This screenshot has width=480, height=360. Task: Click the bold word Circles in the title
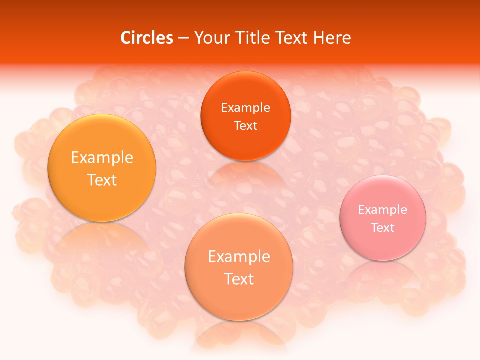pos(147,38)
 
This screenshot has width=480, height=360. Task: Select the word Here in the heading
pos(332,38)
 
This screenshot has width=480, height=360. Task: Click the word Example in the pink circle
pos(383,210)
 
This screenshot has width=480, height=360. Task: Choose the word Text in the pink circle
pos(383,228)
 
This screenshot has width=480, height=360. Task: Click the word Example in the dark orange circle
pos(245,108)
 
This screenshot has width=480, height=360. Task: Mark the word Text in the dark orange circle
pos(245,126)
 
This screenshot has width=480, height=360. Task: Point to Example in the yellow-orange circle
pos(102,158)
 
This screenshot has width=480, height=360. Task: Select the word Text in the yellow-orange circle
pos(102,180)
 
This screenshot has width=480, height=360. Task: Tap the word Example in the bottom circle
pos(239,257)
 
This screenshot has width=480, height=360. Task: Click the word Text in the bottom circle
pos(239,279)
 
